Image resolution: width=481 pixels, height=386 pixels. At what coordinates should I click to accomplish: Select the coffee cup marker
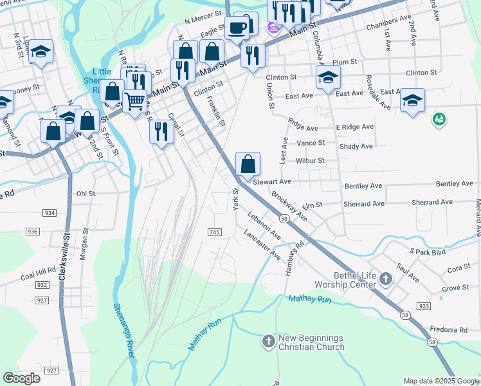(x=237, y=28)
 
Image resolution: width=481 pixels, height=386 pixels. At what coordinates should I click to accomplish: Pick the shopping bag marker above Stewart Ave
(x=248, y=165)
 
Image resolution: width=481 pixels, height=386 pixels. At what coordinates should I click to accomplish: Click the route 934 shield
(x=50, y=213)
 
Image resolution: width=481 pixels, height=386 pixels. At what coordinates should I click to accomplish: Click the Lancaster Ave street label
(x=262, y=245)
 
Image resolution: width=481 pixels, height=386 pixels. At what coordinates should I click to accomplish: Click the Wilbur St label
(x=310, y=160)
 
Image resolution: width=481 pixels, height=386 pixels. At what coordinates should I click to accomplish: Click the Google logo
(x=22, y=378)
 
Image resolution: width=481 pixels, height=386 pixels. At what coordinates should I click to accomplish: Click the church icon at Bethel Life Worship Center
(x=385, y=279)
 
